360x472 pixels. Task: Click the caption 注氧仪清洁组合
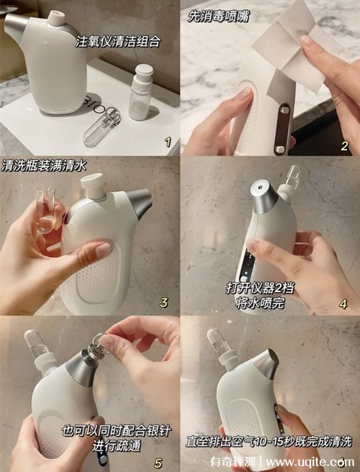tap(117, 42)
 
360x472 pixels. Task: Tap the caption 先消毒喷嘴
tap(218, 16)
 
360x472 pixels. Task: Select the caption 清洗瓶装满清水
tap(44, 165)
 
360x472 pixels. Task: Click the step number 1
tap(168, 142)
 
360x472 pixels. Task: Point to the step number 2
tap(344, 145)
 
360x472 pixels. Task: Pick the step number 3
tap(163, 302)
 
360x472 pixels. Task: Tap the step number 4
tap(343, 304)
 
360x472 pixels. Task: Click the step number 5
tap(158, 463)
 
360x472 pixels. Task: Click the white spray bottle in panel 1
tap(140, 92)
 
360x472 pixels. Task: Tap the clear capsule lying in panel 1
tap(102, 128)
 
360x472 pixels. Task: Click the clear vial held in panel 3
tap(46, 210)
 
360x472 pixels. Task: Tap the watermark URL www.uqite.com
tap(310, 462)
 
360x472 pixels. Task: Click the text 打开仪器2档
tap(260, 288)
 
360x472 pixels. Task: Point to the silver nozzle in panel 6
tap(265, 364)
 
